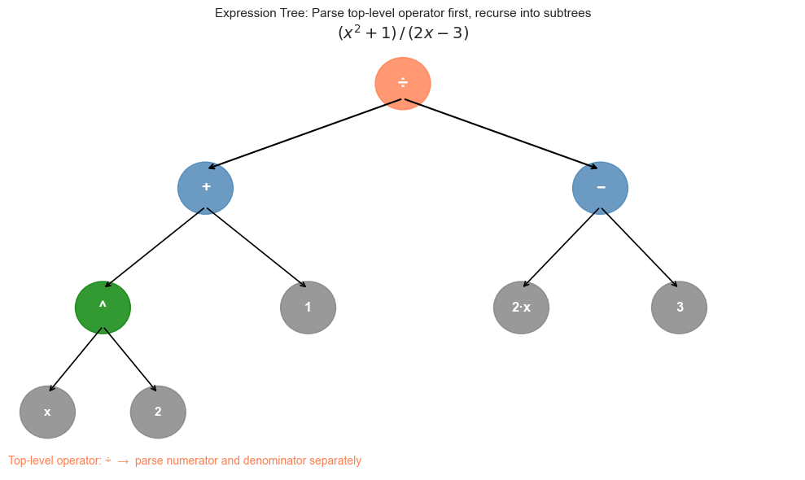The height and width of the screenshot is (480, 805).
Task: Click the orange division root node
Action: [402, 83]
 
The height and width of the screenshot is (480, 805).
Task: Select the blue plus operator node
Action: [205, 187]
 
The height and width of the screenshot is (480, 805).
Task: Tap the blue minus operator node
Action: [600, 187]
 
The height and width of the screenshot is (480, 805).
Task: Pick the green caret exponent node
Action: [103, 307]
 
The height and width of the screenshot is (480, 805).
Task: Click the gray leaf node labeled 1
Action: [308, 307]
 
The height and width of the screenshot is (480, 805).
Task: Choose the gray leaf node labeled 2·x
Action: [521, 307]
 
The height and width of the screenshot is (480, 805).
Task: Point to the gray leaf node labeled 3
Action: [679, 307]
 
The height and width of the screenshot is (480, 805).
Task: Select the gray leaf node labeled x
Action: [47, 412]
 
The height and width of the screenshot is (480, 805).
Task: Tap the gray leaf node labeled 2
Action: [158, 412]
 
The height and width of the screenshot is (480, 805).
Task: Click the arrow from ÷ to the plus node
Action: [305, 133]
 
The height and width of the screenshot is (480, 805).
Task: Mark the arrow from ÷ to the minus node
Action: [501, 133]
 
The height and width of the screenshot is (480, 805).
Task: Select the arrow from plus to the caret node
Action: [155, 247]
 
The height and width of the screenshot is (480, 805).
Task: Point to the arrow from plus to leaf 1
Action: [256, 247]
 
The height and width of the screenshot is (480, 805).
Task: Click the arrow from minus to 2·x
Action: [562, 247]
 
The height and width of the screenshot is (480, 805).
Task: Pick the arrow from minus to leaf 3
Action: [639, 247]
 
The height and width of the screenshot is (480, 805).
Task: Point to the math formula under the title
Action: [403, 33]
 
